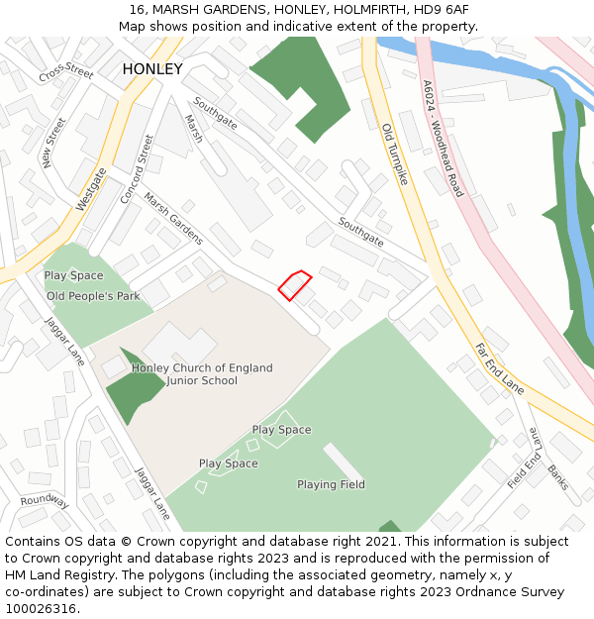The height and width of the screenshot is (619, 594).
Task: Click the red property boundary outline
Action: pyautogui.click(x=294, y=285)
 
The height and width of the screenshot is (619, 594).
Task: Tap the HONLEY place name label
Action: pyautogui.click(x=152, y=69)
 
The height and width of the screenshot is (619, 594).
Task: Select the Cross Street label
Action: pyautogui.click(x=66, y=74)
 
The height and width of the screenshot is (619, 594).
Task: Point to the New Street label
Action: pyautogui.click(x=53, y=143)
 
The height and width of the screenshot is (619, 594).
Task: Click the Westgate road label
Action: pyautogui.click(x=91, y=189)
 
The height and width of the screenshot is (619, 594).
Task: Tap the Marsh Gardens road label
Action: pyautogui.click(x=173, y=219)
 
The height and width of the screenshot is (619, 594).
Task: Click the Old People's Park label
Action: pyautogui.click(x=93, y=295)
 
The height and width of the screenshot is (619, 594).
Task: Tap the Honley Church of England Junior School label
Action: pyautogui.click(x=202, y=374)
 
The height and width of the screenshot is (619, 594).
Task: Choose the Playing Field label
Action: pyautogui.click(x=331, y=484)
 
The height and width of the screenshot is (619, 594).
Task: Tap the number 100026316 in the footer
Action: pyautogui.click(x=42, y=608)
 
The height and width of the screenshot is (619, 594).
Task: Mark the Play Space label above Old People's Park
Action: pyautogui.click(x=73, y=275)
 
